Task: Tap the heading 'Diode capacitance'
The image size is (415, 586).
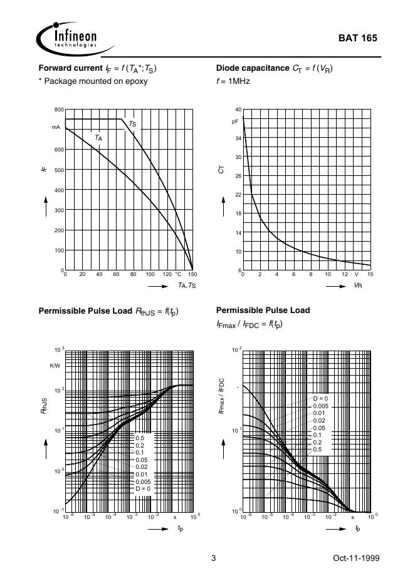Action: point(252,68)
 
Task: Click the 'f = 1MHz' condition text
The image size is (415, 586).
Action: point(233,81)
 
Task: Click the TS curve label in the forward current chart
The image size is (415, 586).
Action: point(132,124)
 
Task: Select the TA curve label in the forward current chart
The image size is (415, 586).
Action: point(99,137)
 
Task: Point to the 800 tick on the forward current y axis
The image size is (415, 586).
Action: point(59,110)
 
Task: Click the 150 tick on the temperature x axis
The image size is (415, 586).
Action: point(192,275)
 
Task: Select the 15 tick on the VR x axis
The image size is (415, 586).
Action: point(370,275)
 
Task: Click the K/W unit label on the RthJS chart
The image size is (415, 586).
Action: point(55,365)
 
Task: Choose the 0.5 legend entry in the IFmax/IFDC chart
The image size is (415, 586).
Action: point(317,449)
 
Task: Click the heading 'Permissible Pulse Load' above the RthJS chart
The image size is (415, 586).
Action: point(85,311)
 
